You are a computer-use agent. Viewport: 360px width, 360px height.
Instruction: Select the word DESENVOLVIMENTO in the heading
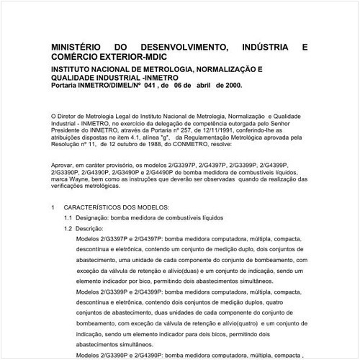point(189,47)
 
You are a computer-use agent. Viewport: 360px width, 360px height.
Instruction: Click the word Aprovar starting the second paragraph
point(64,165)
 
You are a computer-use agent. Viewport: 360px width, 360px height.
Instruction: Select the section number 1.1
point(67,217)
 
